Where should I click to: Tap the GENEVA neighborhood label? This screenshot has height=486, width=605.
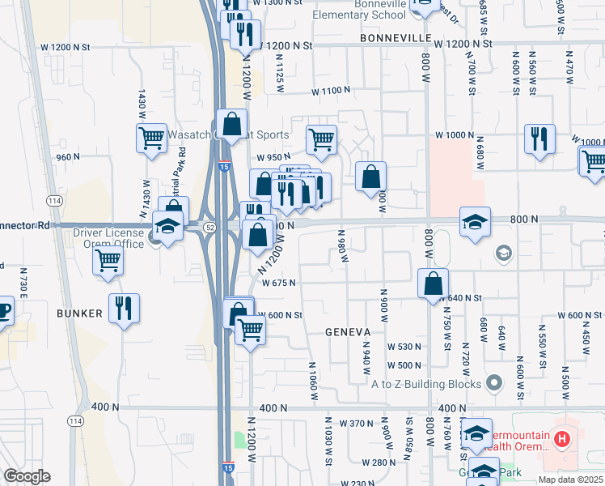point(348,332)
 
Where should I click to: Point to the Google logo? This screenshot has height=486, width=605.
point(27,476)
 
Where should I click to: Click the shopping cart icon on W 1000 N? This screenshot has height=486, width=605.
point(321,139)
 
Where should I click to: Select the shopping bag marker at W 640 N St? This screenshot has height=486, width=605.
point(434,283)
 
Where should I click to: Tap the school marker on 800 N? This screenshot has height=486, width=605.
point(475,221)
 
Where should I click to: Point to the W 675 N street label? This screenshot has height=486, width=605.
point(279,283)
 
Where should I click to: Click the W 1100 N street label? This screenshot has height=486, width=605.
point(333,90)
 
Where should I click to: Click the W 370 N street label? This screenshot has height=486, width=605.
point(356,424)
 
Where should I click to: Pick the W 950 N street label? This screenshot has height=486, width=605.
point(273,157)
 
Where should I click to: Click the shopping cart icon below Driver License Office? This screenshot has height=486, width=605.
point(108,262)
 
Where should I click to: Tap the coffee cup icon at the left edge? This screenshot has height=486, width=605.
point(3,311)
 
